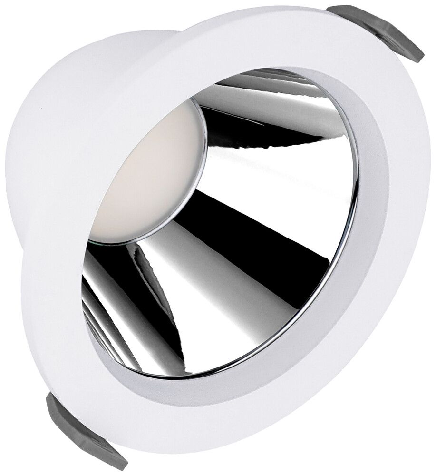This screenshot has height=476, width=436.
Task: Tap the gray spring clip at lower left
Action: pyautogui.click(x=81, y=428)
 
